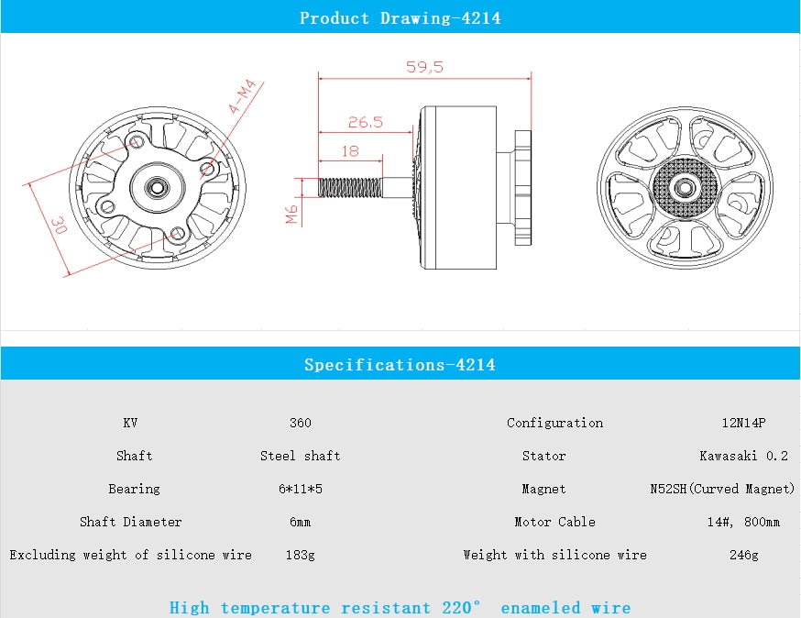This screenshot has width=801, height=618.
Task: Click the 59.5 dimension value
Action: pos(424,67)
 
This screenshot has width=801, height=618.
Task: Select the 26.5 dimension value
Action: pos(365,122)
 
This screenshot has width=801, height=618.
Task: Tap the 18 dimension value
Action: pos(349,151)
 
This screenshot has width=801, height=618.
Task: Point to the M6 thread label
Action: pos(291,215)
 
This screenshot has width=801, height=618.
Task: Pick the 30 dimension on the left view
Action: pos(57,225)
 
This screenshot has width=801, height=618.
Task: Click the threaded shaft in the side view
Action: pos(349,186)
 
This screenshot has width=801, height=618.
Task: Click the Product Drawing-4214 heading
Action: pos(400,17)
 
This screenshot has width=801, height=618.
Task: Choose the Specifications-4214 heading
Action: pos(400,365)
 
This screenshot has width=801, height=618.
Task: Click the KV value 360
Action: pos(300,423)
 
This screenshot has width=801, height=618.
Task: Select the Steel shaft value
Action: pos(300,456)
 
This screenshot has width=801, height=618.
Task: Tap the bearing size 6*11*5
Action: pos(300,489)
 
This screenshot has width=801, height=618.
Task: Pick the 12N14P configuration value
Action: pos(742,423)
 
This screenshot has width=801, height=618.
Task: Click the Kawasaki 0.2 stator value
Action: pos(743,456)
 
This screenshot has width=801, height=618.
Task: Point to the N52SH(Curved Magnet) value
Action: pos(721,489)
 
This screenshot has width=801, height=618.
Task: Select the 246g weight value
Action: pos(743,555)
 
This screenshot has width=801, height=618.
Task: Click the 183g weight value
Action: pos(300,555)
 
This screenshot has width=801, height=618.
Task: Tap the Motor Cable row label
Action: pos(554,522)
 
